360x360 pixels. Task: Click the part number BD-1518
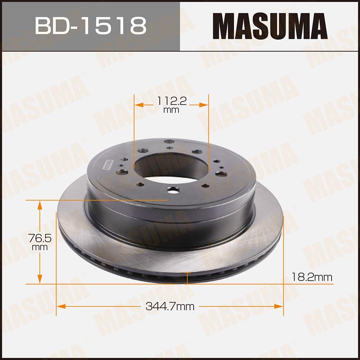pos(90,25)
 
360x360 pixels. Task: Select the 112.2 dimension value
pos(171,102)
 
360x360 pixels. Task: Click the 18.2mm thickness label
pos(312,277)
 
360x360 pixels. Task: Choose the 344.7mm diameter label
pos(170,307)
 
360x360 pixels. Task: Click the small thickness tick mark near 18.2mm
pos(186,278)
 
